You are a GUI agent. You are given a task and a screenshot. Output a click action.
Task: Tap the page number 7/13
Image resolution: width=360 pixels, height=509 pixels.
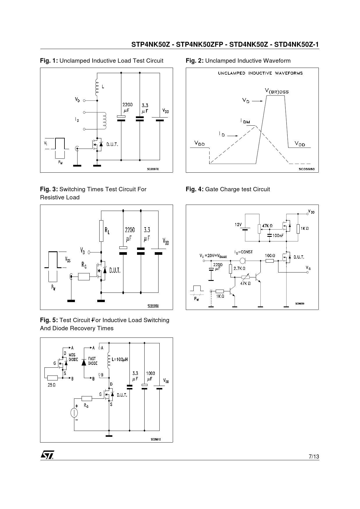(x=314, y=456)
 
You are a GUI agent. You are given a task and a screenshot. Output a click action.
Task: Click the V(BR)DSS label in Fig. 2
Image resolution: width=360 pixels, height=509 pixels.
(x=277, y=91)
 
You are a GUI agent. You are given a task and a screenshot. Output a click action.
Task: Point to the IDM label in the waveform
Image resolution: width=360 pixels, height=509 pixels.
(x=245, y=121)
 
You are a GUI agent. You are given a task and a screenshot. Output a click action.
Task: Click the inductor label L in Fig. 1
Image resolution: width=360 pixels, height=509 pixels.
(x=103, y=86)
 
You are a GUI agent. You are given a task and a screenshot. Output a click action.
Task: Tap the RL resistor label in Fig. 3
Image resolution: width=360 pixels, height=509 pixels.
(x=107, y=231)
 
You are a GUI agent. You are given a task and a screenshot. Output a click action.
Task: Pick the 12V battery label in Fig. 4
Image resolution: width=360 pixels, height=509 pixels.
(x=238, y=224)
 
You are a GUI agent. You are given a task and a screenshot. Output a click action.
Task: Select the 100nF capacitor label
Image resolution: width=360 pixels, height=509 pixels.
(x=278, y=235)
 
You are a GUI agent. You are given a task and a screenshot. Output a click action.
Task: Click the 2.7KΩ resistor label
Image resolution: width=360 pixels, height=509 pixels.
(x=240, y=268)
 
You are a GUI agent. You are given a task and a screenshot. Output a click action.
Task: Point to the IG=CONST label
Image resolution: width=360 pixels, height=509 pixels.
(x=244, y=252)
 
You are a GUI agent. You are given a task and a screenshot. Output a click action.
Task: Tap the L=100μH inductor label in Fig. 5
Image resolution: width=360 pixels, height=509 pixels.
(x=120, y=359)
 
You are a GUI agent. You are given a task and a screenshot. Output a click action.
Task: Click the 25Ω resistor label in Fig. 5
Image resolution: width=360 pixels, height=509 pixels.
(x=51, y=385)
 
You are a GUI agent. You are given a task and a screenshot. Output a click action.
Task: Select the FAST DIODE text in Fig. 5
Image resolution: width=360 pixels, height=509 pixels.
(x=93, y=361)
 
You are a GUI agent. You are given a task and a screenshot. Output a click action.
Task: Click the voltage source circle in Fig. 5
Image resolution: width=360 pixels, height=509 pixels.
(x=74, y=412)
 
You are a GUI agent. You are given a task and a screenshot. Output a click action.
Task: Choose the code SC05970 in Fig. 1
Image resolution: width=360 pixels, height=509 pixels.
(x=153, y=169)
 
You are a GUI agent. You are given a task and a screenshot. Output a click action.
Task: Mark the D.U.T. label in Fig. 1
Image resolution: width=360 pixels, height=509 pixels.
(x=112, y=144)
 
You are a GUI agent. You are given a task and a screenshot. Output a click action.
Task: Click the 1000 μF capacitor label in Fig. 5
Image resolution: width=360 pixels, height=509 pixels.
(x=150, y=376)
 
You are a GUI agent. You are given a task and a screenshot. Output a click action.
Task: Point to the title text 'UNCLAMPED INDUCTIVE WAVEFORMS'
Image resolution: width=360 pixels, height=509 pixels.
(x=260, y=73)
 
